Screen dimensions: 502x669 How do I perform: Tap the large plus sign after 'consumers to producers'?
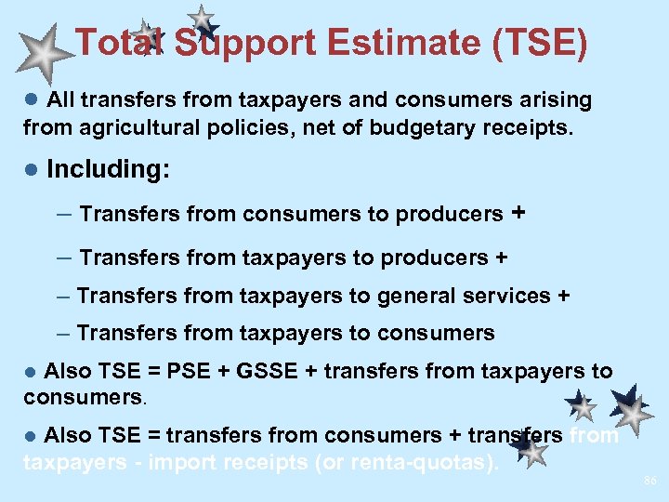click(x=518, y=213)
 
